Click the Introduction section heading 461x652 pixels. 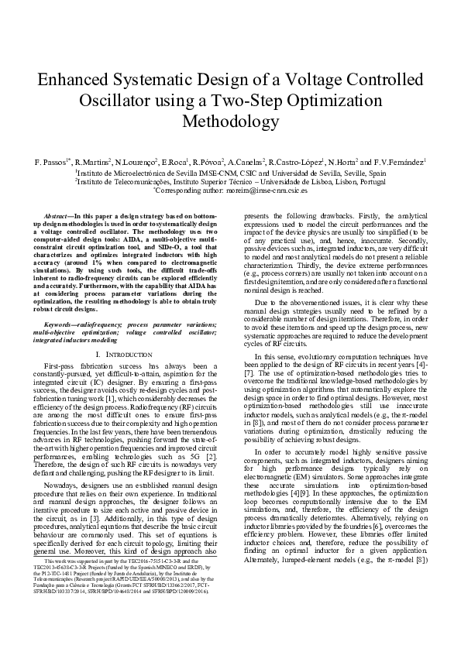129,352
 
